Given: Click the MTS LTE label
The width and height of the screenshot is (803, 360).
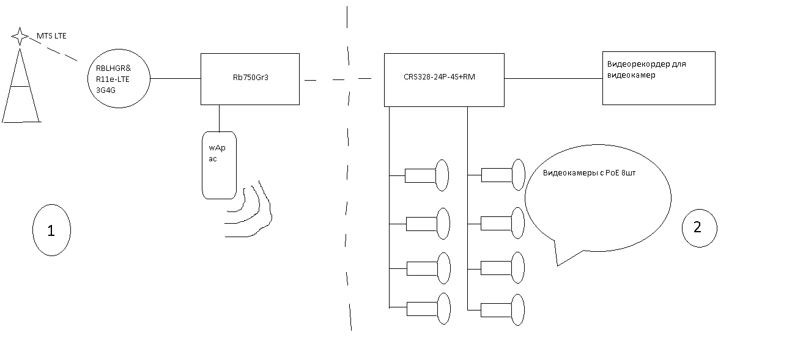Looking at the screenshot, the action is [x=51, y=36].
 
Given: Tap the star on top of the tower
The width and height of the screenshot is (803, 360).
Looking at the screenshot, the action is [x=20, y=36].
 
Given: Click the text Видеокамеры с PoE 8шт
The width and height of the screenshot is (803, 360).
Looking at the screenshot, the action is [x=589, y=172].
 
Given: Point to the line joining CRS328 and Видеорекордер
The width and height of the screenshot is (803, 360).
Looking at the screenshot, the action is [x=553, y=78].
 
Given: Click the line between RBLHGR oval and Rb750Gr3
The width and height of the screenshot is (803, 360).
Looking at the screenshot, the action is [x=176, y=78].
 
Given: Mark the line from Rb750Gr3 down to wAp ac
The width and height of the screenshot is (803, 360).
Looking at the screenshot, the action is [x=219, y=118].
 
